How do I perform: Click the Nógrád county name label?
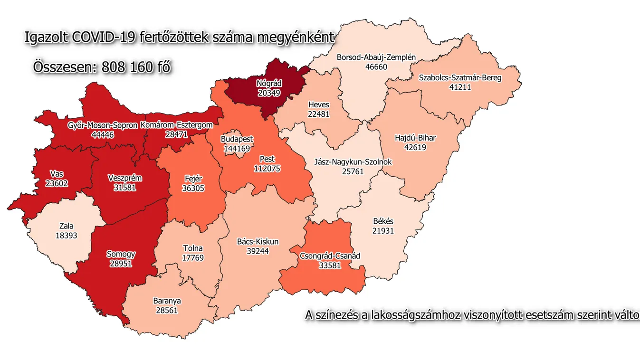pos(269,84)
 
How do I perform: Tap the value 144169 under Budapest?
pos(237,149)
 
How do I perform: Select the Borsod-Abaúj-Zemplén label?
pos(376,57)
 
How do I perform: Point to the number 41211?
pos(459,87)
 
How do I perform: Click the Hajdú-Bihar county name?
pos(415,138)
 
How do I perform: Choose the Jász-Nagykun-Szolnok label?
pos(353,162)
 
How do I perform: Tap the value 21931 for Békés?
pos(383,230)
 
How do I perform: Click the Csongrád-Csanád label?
pos(330,256)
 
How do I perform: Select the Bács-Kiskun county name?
pos(258,242)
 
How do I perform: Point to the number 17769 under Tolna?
pos(192,257)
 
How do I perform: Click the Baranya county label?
pos(167,301)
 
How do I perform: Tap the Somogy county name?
pos(121,254)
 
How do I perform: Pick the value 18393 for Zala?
pos(67,235)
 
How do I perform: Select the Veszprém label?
pos(125,178)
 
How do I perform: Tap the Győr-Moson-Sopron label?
pos(103,125)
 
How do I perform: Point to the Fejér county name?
pos(193,179)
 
